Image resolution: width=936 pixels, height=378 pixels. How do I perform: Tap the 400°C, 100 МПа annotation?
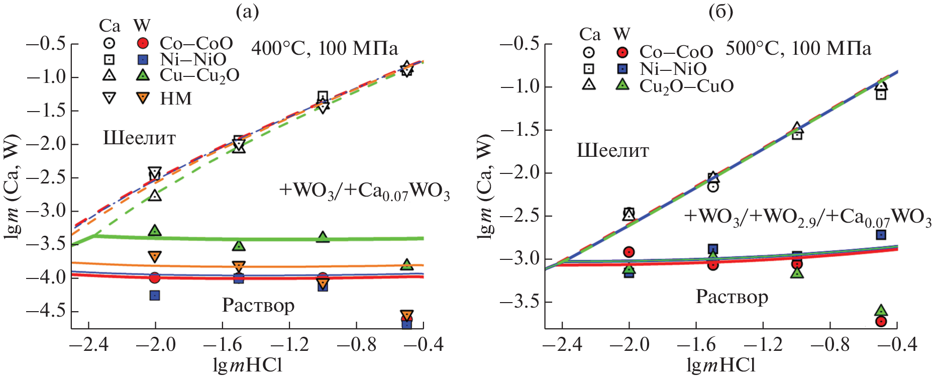tap(325, 49)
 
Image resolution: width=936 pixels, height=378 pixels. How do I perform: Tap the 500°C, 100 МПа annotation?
tap(798, 49)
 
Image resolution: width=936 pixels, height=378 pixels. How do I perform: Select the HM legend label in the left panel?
tap(176, 99)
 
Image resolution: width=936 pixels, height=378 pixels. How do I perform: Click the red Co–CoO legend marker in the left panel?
tap(143, 43)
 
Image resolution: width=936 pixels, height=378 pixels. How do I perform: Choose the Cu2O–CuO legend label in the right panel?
tap(686, 86)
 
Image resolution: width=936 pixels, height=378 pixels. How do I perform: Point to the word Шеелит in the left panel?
tap(139, 138)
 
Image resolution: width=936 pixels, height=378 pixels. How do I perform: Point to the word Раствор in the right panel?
tap(732, 297)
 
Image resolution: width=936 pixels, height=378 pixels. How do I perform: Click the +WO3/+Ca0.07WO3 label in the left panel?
tap(364, 192)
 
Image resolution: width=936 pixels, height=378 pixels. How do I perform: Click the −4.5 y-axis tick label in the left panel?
tap(46, 311)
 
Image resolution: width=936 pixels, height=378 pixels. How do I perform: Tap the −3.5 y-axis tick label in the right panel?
tap(519, 302)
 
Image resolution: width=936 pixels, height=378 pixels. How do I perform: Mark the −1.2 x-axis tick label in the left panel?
tap(289, 345)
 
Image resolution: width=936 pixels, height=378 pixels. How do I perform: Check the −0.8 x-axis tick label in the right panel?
tap(830, 345)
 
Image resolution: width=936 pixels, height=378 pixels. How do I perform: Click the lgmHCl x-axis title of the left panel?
tap(248, 365)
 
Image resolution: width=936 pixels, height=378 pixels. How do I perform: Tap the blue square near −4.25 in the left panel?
tap(155, 296)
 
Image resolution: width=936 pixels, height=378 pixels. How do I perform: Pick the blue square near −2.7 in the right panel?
tap(880, 235)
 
